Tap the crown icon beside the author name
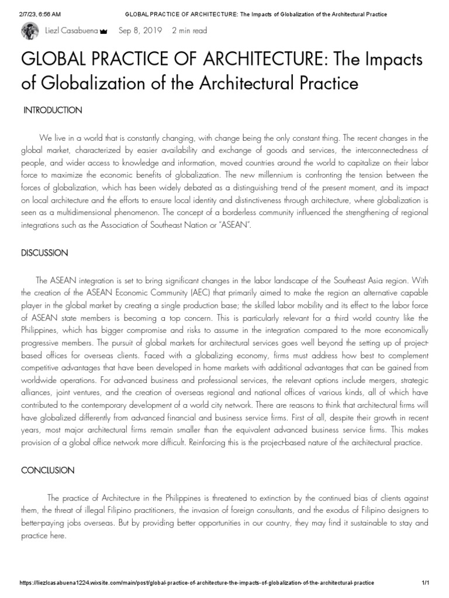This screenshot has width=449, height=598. pyautogui.click(x=103, y=32)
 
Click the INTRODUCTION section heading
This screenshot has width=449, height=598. pyautogui.click(x=53, y=110)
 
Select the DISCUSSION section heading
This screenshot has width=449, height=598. pyautogui.click(x=45, y=253)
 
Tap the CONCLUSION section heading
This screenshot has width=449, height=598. pyautogui.click(x=48, y=470)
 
